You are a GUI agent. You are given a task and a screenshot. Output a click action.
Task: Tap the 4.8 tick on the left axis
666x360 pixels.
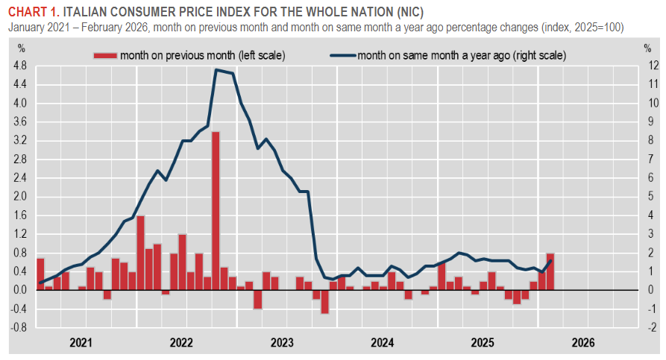coord(21,66)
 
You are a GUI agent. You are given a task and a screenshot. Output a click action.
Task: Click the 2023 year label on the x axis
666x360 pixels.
coord(282,344)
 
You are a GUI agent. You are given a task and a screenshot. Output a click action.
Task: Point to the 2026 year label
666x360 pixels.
coord(583,344)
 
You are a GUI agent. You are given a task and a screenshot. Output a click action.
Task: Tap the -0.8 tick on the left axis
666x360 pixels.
coord(19,327)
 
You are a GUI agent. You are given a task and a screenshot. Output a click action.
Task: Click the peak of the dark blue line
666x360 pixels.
coord(216,70)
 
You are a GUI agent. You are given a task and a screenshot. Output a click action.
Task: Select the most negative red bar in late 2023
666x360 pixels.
coord(324,301)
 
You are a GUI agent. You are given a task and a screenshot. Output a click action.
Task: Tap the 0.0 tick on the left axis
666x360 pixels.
coord(21,290)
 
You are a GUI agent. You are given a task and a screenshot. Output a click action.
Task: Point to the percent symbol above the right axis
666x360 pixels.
coord(647,48)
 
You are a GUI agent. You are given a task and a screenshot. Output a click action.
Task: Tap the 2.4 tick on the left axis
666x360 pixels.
coord(21,177)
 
